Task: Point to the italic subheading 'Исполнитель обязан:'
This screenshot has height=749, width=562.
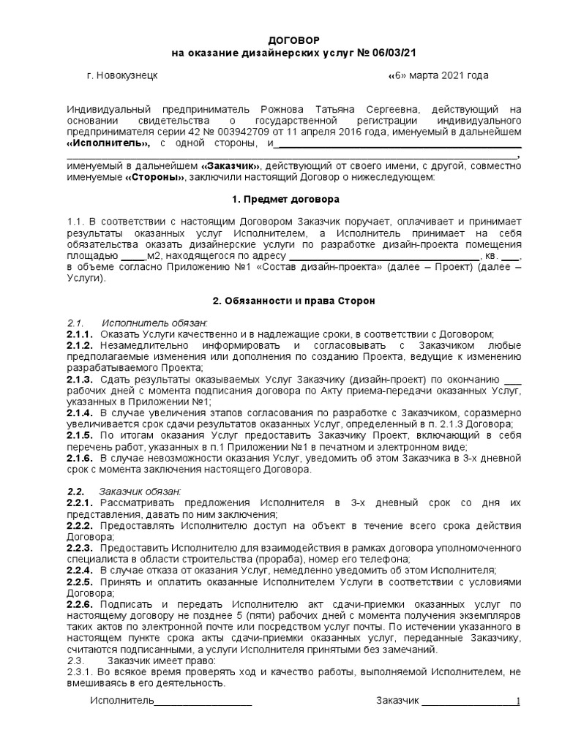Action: pyautogui.click(x=154, y=323)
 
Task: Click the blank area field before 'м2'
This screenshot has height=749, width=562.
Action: pyautogui.click(x=132, y=256)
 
